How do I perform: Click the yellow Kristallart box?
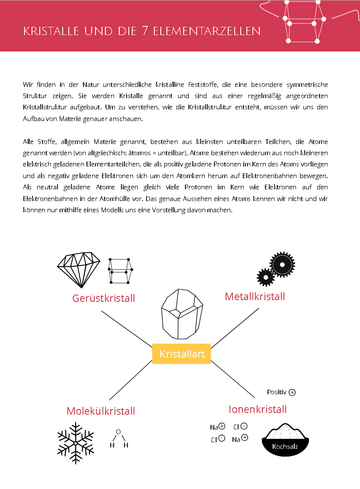[x=181, y=354]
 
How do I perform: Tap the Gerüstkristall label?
[x=104, y=298]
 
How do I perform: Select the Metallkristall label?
[x=255, y=297]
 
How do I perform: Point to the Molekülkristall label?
[x=101, y=411]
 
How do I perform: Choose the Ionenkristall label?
[x=258, y=409]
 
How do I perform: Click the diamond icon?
[x=79, y=269]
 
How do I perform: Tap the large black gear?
[x=282, y=264]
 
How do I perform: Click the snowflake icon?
[x=76, y=443]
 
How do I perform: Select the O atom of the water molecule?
[x=118, y=431]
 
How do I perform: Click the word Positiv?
[x=277, y=392]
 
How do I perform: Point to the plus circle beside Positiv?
[x=293, y=393]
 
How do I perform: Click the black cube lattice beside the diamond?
[x=121, y=271]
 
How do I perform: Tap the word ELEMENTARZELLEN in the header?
[x=207, y=31]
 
